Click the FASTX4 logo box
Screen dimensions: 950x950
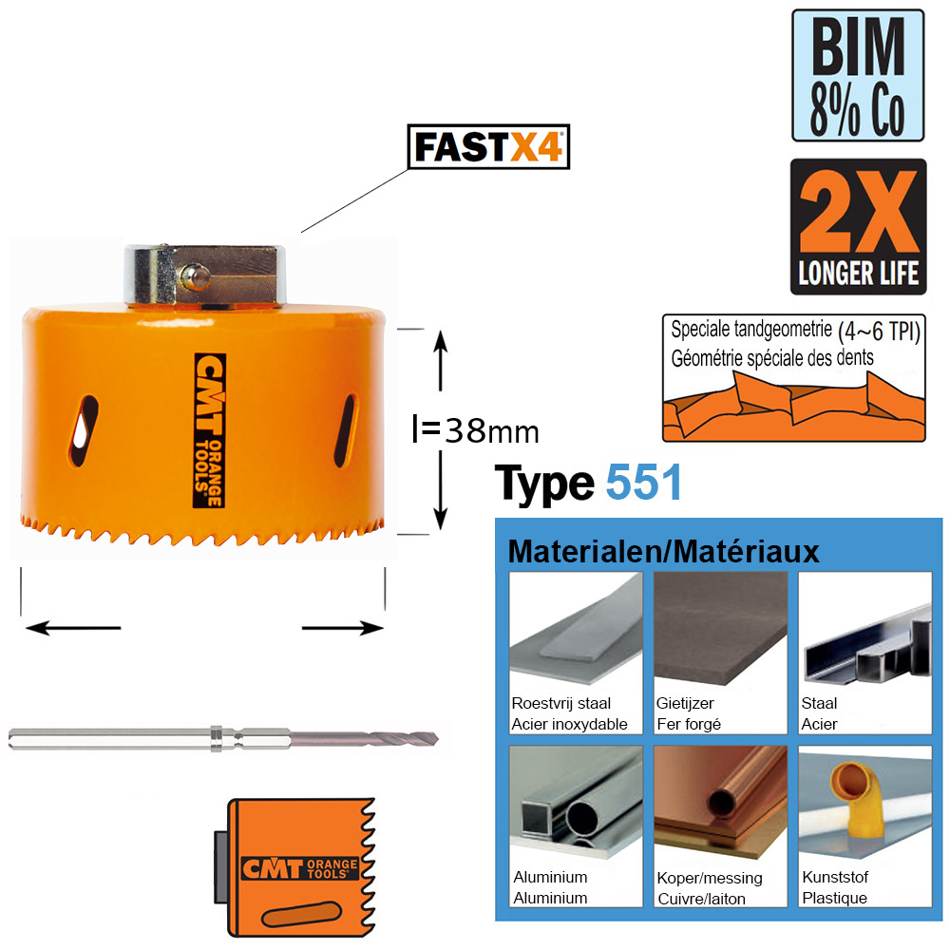[x=488, y=146]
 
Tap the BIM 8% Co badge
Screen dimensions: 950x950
[x=858, y=76]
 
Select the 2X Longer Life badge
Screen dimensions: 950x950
[x=859, y=227]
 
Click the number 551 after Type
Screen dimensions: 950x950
[x=644, y=483]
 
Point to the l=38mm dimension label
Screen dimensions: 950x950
[x=475, y=430]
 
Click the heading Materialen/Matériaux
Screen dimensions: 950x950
[x=663, y=551]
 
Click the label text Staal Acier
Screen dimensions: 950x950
[x=819, y=713]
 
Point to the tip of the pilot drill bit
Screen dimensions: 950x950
[x=437, y=738]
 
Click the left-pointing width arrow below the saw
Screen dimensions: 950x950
[x=73, y=628]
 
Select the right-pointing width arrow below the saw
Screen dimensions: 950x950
[x=343, y=628]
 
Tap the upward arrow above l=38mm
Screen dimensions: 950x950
[x=441, y=360]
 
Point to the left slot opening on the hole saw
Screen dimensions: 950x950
[x=83, y=430]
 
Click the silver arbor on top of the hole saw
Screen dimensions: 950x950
[x=205, y=275]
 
